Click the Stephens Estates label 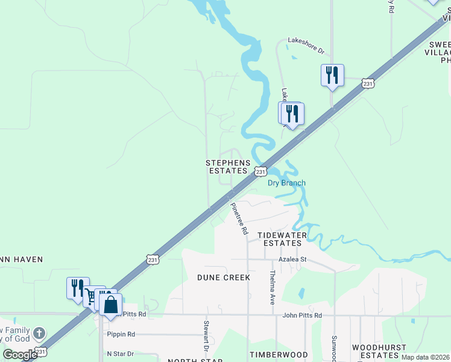click(x=227, y=167)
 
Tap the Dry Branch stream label click(x=286, y=183)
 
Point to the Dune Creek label click(x=223, y=277)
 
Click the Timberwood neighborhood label click(x=279, y=355)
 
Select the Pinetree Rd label click(x=239, y=218)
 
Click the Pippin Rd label click(x=121, y=334)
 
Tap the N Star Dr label click(x=121, y=354)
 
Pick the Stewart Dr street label click(x=206, y=339)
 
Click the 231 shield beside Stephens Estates click(x=260, y=171)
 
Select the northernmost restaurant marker click(x=332, y=75)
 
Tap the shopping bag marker click(x=111, y=304)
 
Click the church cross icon click(x=39, y=333)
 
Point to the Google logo click(x=20, y=355)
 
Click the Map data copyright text click(x=425, y=357)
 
